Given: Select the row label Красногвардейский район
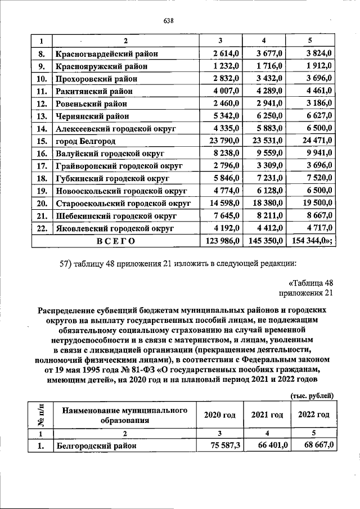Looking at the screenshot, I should point(106,54).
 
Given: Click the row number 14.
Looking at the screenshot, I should point(41,129).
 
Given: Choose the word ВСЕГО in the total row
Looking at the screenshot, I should point(116,241).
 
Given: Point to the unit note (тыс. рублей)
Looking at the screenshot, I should point(312,395).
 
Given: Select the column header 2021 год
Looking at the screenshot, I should point(267,415).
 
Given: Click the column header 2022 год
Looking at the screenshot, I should point(313,415).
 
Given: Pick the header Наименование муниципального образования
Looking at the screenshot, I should point(124,416).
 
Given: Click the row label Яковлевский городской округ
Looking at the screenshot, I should point(115,228).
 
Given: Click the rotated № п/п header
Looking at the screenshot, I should point(41,416).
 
